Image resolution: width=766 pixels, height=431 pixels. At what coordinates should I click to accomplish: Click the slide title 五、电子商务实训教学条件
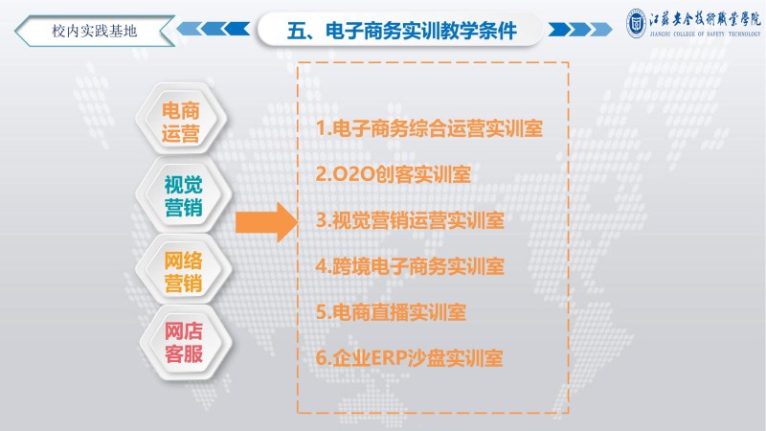401,31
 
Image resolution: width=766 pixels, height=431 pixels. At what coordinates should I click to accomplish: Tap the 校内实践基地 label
94,32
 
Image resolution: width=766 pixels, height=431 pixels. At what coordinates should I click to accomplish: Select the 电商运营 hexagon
181,120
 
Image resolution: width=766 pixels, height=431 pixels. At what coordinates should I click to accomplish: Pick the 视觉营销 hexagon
183,195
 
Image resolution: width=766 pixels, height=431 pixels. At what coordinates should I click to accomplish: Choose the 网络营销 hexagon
183,271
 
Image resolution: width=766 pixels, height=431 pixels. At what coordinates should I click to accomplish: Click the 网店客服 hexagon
184,342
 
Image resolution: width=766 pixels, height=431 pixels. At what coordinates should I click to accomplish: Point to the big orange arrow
266,222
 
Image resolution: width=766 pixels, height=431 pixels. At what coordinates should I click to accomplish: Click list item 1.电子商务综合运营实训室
429,128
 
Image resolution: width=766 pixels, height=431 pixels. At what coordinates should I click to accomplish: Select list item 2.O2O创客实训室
394,174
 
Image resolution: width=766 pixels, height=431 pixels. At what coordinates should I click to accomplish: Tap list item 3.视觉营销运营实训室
410,220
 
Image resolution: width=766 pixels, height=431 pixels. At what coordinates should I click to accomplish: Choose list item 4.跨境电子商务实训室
410,266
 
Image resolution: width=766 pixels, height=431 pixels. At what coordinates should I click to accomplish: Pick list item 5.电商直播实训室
391,312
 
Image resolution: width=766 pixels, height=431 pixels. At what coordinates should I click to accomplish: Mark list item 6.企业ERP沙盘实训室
410,358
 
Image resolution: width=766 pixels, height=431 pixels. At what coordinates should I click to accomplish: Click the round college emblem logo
636,23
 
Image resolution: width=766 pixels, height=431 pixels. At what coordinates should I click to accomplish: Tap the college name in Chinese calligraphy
705,19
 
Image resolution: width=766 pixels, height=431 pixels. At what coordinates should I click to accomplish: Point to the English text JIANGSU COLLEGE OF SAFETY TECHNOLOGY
705,34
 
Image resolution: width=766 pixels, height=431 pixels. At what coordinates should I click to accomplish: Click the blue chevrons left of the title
213,29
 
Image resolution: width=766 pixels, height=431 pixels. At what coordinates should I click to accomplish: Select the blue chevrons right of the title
580,30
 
